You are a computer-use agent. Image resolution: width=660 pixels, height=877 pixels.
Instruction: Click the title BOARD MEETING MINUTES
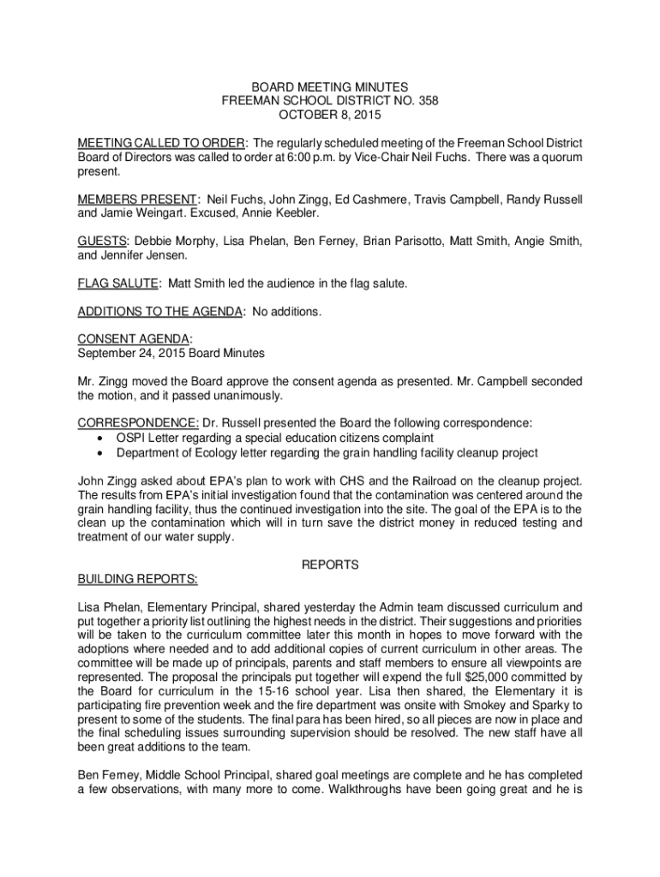pos(329,87)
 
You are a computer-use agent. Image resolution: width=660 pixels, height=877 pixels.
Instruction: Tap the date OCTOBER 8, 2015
pos(330,114)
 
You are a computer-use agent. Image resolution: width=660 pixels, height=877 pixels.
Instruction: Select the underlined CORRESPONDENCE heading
pos(138,422)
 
